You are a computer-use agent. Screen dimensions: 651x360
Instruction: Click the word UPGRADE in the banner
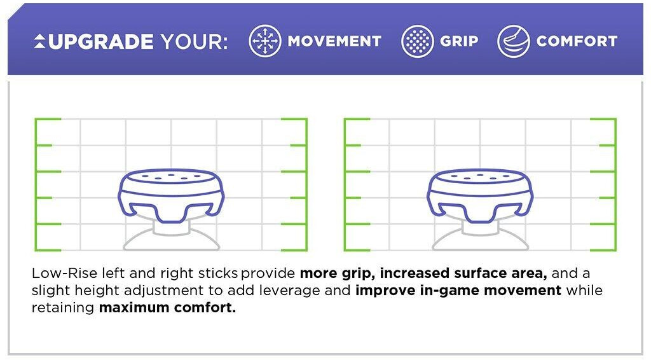coord(101,41)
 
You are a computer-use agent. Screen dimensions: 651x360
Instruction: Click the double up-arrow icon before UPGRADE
coord(40,41)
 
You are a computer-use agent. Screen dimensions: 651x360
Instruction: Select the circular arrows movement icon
coord(265,41)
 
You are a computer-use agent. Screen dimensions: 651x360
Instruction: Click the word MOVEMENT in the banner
coord(334,41)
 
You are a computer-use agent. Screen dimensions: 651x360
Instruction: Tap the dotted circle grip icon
coord(417,41)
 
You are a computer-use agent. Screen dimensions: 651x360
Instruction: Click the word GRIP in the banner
coord(459,41)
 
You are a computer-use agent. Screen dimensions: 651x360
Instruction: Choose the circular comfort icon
coord(514,41)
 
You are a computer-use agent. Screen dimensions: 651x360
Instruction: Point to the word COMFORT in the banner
coord(577,41)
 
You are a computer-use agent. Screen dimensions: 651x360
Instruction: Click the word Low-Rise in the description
coord(64,273)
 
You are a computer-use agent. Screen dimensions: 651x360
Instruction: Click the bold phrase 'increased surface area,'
coord(463,273)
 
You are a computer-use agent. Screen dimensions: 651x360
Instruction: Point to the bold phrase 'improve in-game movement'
coord(458,290)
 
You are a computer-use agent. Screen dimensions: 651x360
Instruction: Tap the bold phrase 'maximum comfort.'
coord(167,308)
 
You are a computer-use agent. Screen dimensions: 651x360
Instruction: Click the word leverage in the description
coord(289,291)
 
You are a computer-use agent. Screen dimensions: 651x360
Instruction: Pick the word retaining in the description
coord(63,308)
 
